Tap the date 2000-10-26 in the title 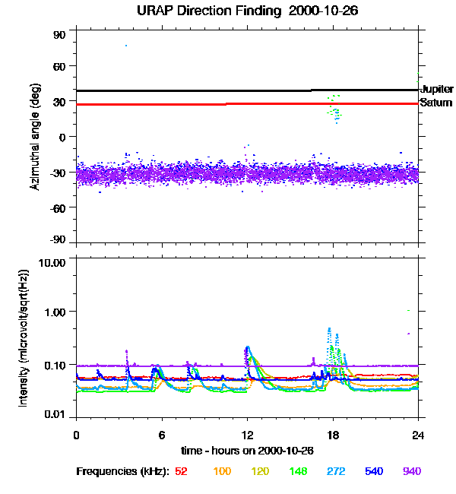[321, 11]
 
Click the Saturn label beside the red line [435, 103]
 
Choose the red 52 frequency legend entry [181, 472]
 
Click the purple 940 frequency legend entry [412, 472]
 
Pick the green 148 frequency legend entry [299, 472]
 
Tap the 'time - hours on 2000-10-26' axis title [248, 451]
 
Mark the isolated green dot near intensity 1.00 [409, 310]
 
